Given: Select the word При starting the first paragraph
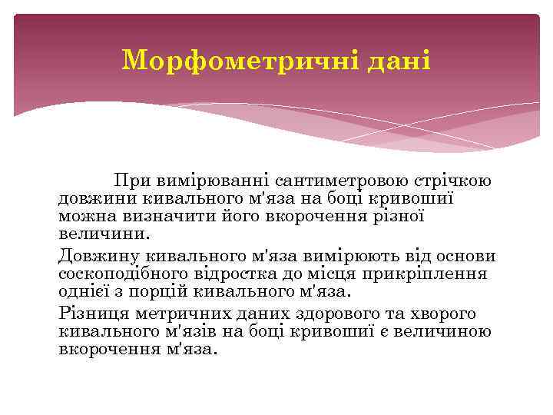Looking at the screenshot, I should (131, 181).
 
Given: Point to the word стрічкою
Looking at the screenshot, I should (454, 181).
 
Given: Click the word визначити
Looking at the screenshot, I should (159, 215).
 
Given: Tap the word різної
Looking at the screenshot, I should (398, 215).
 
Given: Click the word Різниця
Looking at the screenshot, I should (93, 314).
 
